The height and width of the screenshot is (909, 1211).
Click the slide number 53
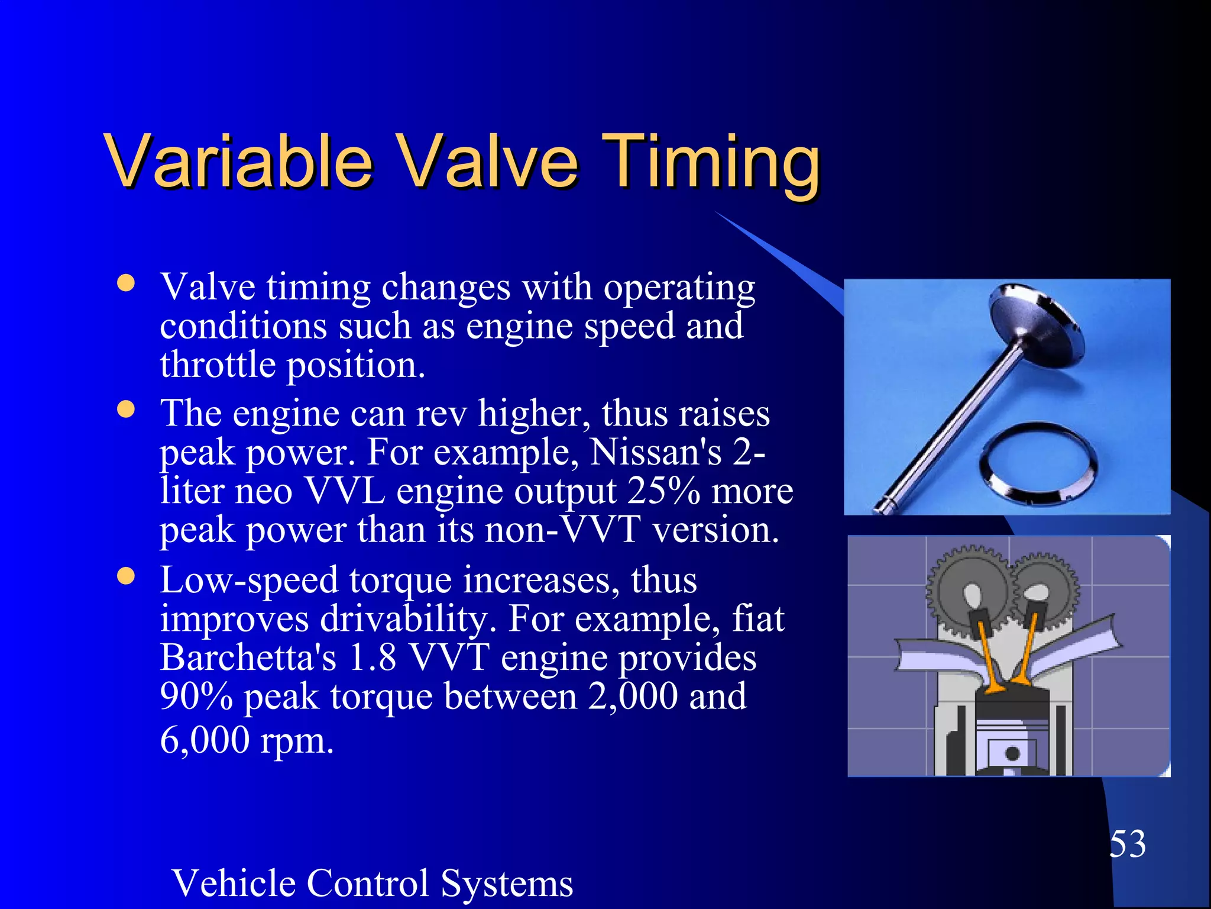(1127, 843)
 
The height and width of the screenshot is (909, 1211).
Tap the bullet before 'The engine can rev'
(126, 409)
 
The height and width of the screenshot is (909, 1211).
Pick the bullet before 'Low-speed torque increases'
(126, 576)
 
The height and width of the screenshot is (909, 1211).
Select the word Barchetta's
(248, 657)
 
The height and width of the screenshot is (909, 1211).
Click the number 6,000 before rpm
(205, 740)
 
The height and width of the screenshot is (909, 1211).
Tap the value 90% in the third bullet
(196, 697)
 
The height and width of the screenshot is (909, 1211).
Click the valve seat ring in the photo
(1038, 464)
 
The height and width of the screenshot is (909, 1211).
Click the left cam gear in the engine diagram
(967, 589)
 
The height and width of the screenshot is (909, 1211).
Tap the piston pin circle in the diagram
(1012, 753)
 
